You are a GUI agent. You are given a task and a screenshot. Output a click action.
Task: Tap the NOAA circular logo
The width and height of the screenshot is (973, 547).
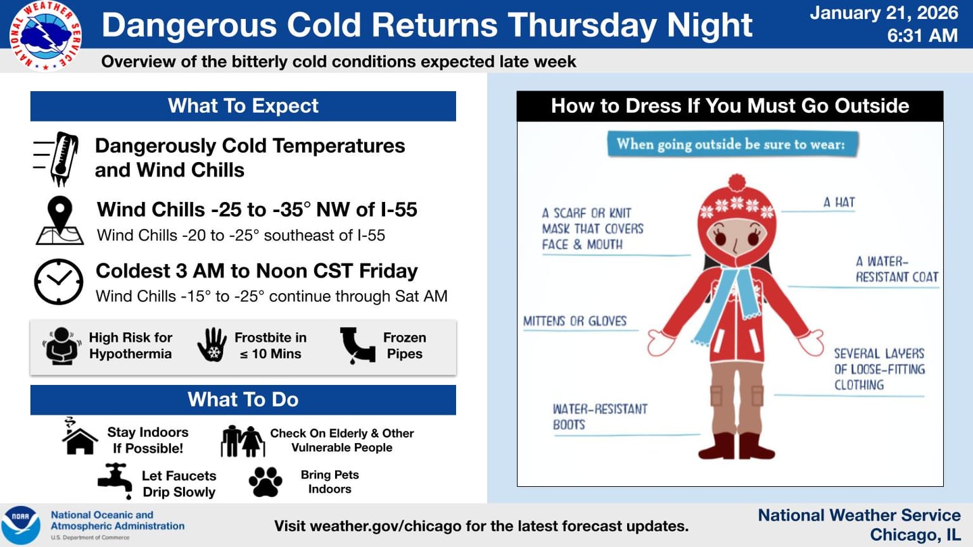(x=21, y=525)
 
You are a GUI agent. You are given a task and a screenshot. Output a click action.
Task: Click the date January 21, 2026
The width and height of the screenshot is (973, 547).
(x=884, y=12)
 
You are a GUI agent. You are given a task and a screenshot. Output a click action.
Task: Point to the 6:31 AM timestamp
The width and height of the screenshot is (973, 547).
(x=922, y=35)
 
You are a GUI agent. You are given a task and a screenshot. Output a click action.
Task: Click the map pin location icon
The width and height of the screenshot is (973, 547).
(x=59, y=220)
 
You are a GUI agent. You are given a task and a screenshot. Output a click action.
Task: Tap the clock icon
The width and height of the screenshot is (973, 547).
(x=59, y=282)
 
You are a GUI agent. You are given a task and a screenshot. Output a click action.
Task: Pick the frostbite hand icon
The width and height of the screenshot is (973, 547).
(x=212, y=345)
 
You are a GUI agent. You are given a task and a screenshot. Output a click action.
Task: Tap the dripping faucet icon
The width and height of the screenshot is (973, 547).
(x=115, y=480)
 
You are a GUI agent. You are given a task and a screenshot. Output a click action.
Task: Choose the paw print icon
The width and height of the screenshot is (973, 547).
(x=266, y=482)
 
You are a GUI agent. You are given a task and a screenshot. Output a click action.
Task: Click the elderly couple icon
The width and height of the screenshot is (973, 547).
(x=243, y=441)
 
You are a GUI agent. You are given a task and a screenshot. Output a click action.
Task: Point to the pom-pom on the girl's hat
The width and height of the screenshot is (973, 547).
(x=737, y=182)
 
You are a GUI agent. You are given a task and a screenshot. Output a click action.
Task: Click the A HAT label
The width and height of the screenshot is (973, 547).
(x=839, y=202)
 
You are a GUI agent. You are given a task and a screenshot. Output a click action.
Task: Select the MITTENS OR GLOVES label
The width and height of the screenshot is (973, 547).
(x=575, y=321)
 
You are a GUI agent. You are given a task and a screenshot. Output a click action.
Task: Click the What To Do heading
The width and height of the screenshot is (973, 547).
(x=243, y=400)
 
